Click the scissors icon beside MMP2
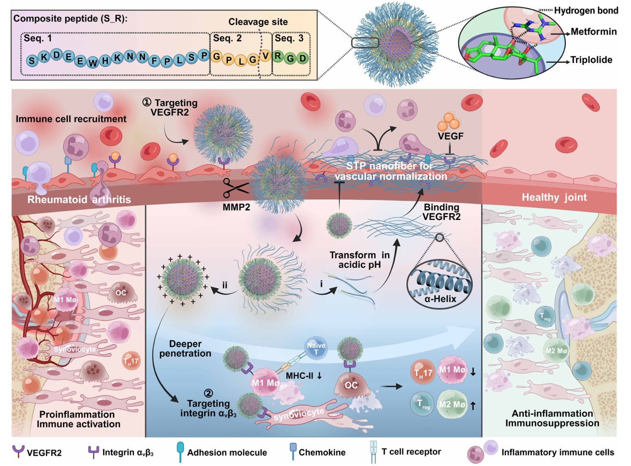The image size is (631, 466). coord(235,188)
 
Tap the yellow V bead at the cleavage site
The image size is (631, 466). coord(265,56)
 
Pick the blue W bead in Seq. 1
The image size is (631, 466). coord(93,62)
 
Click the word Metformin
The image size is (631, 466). coord(593,32)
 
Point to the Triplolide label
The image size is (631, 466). coord(591,60)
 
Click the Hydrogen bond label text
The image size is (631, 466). coord(586,11)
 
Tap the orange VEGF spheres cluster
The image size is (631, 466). coord(448,121)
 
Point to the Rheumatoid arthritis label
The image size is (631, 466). coord(79,200)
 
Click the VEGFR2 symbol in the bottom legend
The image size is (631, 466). coord(18,451)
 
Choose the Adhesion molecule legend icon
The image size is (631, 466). coord(180,451)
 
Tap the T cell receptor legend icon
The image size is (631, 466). coord(373,452)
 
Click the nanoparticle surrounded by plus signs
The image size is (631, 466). coord(182,279)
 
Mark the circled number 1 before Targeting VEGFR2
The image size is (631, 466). coord(147,102)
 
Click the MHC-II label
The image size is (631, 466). coord(300,376)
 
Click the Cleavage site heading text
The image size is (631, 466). coord(258,22)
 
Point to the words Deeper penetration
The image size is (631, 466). coord(185,349)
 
